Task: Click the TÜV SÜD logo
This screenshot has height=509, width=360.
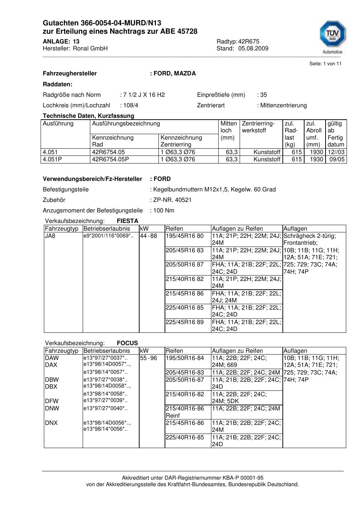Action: (x=332, y=37)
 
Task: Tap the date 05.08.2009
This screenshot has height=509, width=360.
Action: (x=253, y=49)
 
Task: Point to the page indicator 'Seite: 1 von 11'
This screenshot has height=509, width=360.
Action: (x=325, y=64)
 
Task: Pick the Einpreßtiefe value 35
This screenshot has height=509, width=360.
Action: (x=264, y=95)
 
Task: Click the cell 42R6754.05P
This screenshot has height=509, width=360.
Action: (x=111, y=160)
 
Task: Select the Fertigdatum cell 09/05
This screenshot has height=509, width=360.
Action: (x=337, y=160)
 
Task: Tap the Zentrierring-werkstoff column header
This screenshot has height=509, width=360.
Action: (x=258, y=127)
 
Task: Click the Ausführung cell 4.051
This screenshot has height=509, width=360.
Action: (x=50, y=152)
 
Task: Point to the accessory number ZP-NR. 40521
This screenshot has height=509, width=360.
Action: (x=172, y=200)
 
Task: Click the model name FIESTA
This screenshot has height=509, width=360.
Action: (x=128, y=221)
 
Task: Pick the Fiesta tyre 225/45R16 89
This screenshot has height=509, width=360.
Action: (x=185, y=322)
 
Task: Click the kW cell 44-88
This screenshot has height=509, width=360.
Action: (x=149, y=236)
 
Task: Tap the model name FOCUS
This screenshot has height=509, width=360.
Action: (x=127, y=343)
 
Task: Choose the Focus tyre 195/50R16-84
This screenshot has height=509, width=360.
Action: (x=185, y=358)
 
